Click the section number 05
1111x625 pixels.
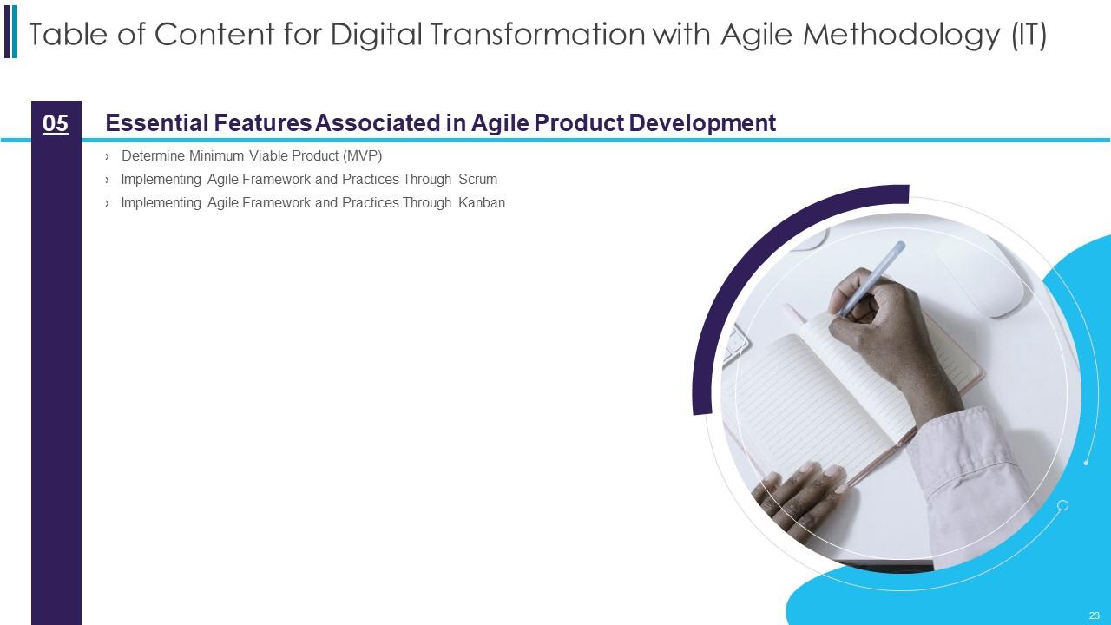[x=55, y=123]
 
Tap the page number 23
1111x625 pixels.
[x=1095, y=615]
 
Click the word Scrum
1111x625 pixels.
[x=477, y=179]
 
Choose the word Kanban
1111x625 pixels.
[x=482, y=202]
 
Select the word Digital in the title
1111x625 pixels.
[x=377, y=36]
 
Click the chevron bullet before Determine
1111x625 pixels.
[x=107, y=157]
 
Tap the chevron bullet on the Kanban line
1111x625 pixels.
[x=107, y=203]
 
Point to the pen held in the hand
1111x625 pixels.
[x=871, y=278]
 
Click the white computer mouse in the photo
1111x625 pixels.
[x=980, y=278]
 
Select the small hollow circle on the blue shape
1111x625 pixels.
[x=1063, y=505]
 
